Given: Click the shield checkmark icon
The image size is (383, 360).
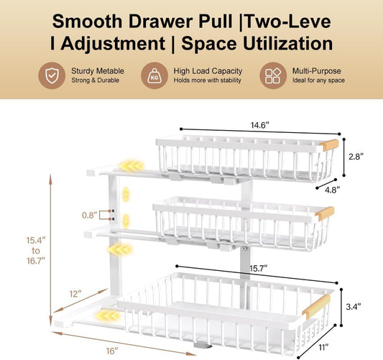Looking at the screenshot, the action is [x=52, y=75].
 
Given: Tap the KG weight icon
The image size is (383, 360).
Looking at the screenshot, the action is [x=154, y=75].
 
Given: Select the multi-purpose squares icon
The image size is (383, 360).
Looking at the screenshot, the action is [x=273, y=75].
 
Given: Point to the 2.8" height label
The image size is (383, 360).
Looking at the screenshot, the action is [x=356, y=157].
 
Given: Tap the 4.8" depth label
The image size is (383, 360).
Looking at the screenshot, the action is [x=332, y=190].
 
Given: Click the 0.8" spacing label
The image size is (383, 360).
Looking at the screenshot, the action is [x=90, y=215].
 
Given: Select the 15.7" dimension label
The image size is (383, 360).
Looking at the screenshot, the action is [x=259, y=269].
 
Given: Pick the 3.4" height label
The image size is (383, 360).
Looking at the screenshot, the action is [x=354, y=307].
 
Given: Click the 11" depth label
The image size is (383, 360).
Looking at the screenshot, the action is [x=323, y=347].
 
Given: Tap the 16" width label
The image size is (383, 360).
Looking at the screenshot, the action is [x=112, y=351].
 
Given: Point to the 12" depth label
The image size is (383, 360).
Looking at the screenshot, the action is [x=75, y=294].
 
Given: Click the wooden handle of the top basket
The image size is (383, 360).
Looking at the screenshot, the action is [x=329, y=145].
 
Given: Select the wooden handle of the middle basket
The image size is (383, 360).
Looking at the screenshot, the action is [x=325, y=213].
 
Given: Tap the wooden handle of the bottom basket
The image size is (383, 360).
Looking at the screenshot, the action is [x=316, y=307].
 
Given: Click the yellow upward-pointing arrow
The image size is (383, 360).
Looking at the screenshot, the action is [x=126, y=195].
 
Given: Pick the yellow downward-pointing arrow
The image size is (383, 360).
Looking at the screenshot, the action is [x=126, y=221].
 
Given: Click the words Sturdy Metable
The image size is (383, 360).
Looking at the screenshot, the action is [x=98, y=71].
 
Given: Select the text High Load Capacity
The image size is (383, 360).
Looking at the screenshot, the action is [x=208, y=71].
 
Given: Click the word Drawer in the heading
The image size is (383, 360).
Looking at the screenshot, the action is [x=161, y=21].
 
